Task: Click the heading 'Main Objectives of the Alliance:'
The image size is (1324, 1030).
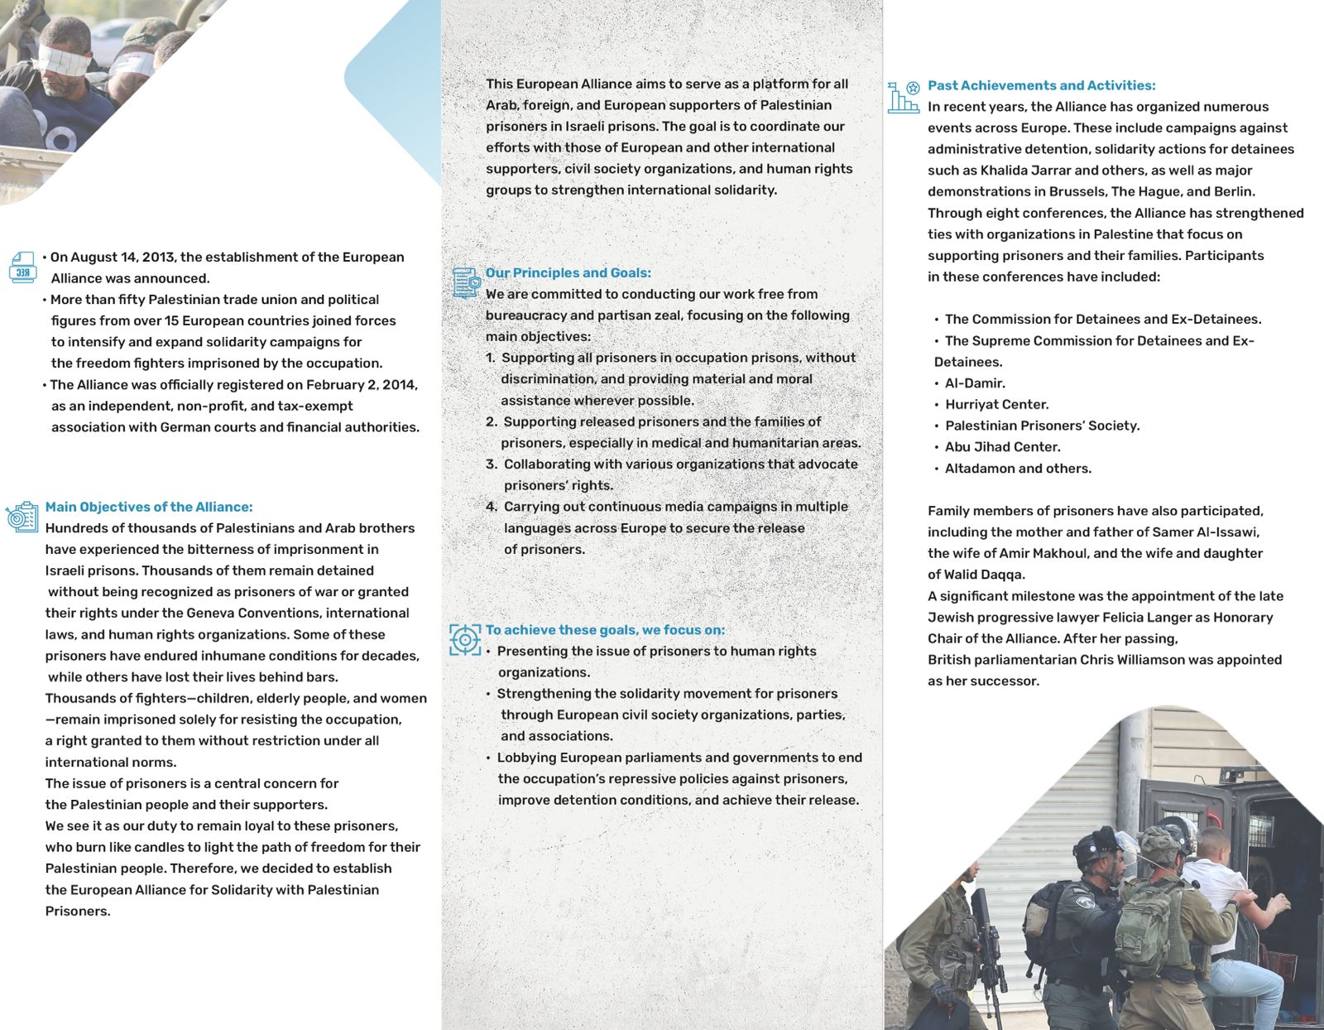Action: tap(149, 507)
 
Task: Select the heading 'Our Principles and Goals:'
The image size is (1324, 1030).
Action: tap(568, 272)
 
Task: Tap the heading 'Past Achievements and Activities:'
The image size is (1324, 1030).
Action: tap(1041, 85)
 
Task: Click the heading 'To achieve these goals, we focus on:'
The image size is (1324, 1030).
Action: tap(605, 629)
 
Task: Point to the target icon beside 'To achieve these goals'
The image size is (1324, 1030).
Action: tap(465, 639)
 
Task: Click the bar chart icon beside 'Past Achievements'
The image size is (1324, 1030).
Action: tap(903, 97)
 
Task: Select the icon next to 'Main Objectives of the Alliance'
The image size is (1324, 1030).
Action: tap(22, 517)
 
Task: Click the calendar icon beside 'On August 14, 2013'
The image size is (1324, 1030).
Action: tap(22, 267)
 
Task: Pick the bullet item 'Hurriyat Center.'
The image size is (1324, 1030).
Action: tap(996, 404)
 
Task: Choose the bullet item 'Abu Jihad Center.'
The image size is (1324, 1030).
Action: tap(1002, 446)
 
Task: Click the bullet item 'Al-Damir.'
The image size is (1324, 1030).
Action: tap(975, 383)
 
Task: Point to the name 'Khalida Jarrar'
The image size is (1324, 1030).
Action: tap(1026, 170)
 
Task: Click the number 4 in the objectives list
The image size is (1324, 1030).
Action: tap(492, 507)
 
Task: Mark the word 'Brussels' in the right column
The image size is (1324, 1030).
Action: tap(1077, 191)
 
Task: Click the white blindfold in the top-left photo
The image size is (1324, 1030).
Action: tap(63, 60)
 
